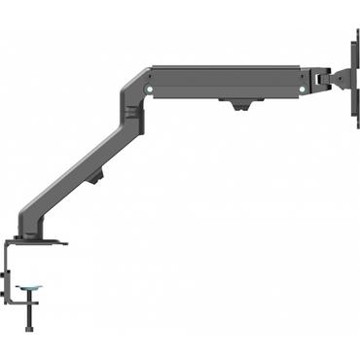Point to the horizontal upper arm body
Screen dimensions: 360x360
(x=224, y=82)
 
